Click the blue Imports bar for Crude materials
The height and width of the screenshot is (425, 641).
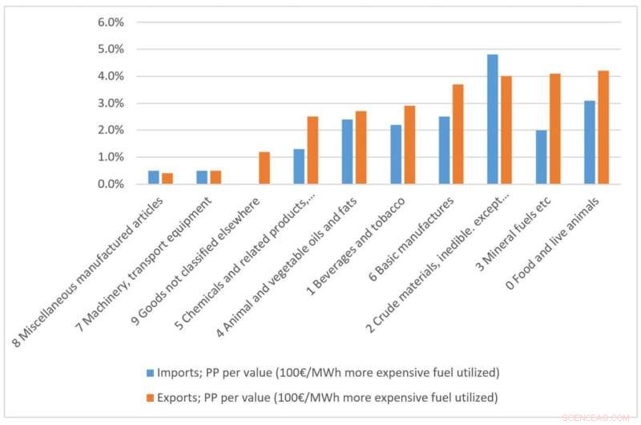click(492, 119)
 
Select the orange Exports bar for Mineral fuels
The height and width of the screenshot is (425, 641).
click(555, 129)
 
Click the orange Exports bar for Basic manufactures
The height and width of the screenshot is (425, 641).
click(457, 134)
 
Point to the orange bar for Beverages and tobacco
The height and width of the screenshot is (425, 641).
click(409, 145)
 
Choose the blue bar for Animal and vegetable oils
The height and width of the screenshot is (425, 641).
click(347, 152)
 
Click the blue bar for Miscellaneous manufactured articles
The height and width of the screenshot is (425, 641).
click(153, 177)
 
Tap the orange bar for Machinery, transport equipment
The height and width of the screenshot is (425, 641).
click(216, 177)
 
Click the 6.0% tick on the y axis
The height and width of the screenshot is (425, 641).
click(110, 22)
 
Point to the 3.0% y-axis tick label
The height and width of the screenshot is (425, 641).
click(110, 103)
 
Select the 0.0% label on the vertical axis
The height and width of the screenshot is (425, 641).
click(110, 184)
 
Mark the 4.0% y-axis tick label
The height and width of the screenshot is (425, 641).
click(110, 76)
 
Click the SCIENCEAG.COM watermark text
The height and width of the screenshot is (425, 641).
click(597, 418)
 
